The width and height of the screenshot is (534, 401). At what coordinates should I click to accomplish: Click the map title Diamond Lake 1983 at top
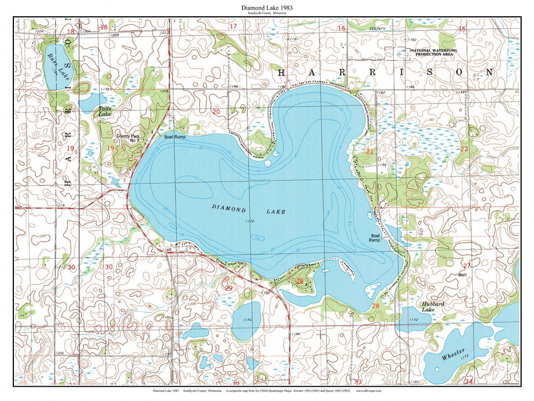(267, 8)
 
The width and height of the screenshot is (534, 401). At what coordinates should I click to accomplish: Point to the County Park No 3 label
(126, 138)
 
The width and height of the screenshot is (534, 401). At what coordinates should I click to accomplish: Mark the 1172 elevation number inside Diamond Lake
(249, 221)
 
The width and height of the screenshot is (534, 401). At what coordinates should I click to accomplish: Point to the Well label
(462, 274)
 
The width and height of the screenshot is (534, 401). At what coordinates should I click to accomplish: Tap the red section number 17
(233, 26)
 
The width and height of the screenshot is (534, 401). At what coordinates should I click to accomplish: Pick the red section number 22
(464, 149)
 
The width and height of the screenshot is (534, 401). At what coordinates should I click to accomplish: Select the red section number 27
(466, 266)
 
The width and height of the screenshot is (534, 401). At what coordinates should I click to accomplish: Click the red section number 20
(216, 112)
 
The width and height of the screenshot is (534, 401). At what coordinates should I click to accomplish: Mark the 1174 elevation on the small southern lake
(248, 320)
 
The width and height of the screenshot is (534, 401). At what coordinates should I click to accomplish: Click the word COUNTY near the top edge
(377, 29)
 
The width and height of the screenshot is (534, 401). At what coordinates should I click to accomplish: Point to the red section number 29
(228, 288)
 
